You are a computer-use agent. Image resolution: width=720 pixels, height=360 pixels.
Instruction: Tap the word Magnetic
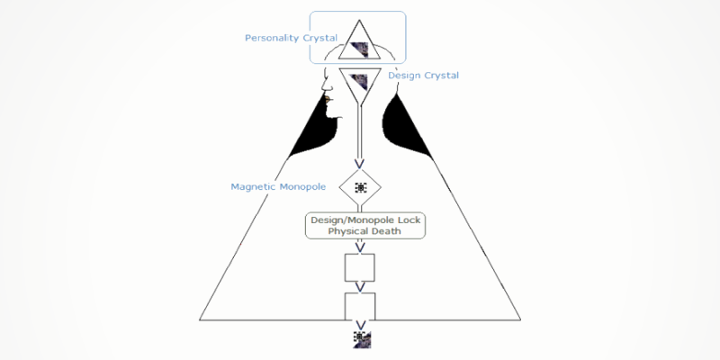[253, 187]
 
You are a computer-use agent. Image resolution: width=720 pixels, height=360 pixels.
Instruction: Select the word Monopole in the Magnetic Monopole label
[302, 187]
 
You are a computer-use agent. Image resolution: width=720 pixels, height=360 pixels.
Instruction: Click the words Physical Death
[364, 231]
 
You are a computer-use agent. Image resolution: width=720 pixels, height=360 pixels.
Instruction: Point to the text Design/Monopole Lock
[365, 220]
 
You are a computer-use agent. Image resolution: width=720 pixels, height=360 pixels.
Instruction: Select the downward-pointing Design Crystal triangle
[360, 86]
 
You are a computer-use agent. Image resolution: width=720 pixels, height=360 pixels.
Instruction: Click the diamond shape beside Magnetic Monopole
[360, 187]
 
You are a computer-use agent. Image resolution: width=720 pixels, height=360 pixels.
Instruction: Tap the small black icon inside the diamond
[361, 187]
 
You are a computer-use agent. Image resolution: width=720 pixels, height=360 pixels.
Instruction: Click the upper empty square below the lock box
[360, 267]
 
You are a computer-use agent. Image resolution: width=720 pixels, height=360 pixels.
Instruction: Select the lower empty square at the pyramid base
[360, 306]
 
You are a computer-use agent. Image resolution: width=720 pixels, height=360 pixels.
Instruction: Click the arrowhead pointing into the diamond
[359, 164]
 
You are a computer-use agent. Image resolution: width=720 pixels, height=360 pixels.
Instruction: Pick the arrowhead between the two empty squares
[361, 287]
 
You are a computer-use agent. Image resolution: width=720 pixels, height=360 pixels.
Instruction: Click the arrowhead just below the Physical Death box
[361, 247]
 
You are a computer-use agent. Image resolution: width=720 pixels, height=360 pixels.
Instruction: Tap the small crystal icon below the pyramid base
[362, 340]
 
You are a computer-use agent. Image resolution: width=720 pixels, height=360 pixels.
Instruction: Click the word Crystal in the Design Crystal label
[440, 76]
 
